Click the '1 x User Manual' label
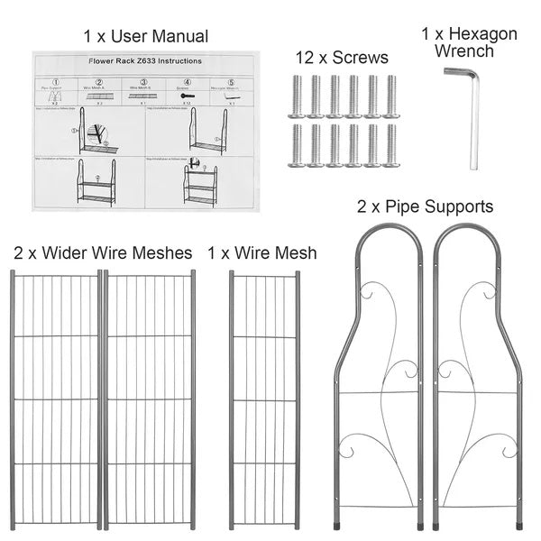tap(145, 36)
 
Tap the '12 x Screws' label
tap(342, 58)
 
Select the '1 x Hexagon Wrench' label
tap(469, 42)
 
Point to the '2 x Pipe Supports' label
tap(426, 206)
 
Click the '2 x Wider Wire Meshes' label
tap(103, 253)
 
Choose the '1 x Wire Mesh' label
tap(262, 253)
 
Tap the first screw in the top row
tap(296, 96)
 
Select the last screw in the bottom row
tap(391, 144)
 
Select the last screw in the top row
tap(391, 96)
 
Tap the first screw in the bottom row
tap(296, 144)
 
